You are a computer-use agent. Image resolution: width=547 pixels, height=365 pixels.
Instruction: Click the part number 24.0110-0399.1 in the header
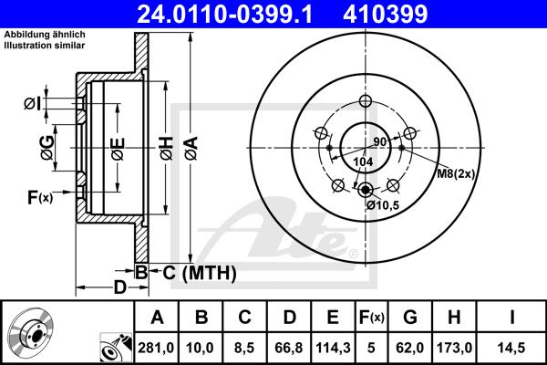point(237,13)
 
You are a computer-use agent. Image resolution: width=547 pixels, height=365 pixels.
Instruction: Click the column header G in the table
point(409,318)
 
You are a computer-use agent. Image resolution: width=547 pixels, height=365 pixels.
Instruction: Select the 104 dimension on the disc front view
point(363,161)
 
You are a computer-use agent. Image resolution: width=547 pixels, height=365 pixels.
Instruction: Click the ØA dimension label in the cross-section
point(190,146)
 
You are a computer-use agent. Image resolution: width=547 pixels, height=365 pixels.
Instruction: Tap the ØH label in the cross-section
point(166,146)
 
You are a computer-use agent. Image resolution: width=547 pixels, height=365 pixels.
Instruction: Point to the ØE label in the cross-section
point(118,146)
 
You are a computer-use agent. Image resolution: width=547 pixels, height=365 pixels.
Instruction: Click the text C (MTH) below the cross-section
point(200,272)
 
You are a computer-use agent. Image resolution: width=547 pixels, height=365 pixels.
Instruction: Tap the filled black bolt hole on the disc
point(366,190)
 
